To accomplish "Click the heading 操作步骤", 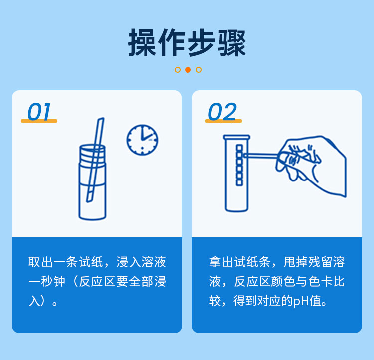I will click(x=187, y=43).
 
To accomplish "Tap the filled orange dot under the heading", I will click(x=188, y=70).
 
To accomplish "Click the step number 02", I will click(x=222, y=112).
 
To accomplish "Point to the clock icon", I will click(x=142, y=139).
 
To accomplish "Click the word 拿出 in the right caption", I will click(x=222, y=263).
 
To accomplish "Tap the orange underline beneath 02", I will click(x=223, y=121).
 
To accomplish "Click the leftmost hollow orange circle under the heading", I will click(x=178, y=70).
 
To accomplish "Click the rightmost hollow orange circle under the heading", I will click(x=199, y=70).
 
